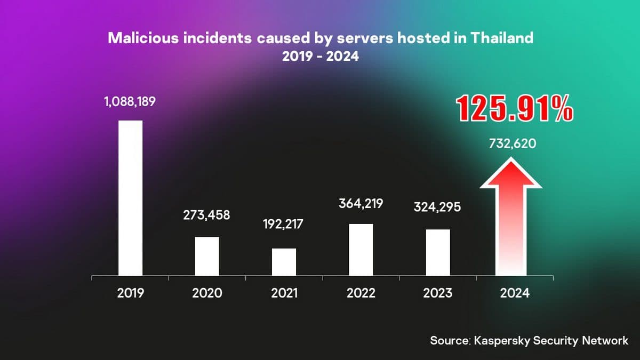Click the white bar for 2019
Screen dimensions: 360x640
click(130, 198)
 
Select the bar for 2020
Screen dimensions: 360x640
click(207, 256)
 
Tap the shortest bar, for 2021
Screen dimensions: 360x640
click(284, 262)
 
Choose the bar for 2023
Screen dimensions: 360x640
click(438, 252)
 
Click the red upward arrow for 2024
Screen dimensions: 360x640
click(511, 219)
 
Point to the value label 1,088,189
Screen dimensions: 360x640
click(130, 101)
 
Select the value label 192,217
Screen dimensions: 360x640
click(283, 224)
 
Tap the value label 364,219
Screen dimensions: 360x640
click(361, 203)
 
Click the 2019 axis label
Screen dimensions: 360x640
click(130, 293)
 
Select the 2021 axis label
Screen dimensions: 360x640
click(284, 293)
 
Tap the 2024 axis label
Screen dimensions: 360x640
click(515, 293)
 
